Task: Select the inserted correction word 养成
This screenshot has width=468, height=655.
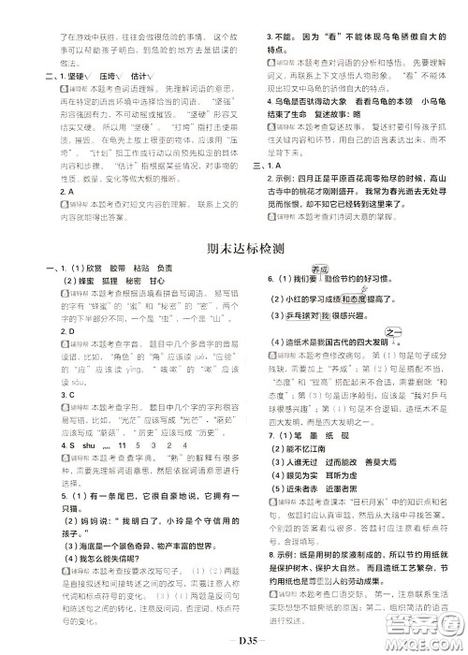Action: click(314, 266)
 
